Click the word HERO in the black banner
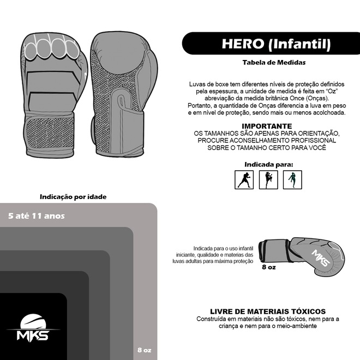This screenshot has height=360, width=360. [243, 44]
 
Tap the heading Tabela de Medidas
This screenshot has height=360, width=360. [274, 62]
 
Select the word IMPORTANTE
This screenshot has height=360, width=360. [267, 126]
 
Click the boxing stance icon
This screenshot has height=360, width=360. [244, 180]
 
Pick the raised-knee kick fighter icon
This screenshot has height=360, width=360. [268, 180]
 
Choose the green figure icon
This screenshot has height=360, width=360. [292, 180]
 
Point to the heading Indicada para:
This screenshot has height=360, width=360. [268, 164]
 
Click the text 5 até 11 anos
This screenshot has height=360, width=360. [37, 216]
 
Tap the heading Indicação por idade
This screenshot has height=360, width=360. [73, 197]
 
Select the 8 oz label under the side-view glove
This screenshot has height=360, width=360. [269, 267]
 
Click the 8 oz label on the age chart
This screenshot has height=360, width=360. [145, 350]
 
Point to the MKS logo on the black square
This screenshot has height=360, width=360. [33, 327]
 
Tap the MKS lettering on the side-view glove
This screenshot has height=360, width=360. [321, 257]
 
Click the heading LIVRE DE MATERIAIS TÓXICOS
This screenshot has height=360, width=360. [268, 311]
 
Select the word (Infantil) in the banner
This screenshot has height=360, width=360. [299, 44]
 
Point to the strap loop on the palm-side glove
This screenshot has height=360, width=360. [121, 101]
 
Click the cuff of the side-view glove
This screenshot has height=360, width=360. [274, 251]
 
